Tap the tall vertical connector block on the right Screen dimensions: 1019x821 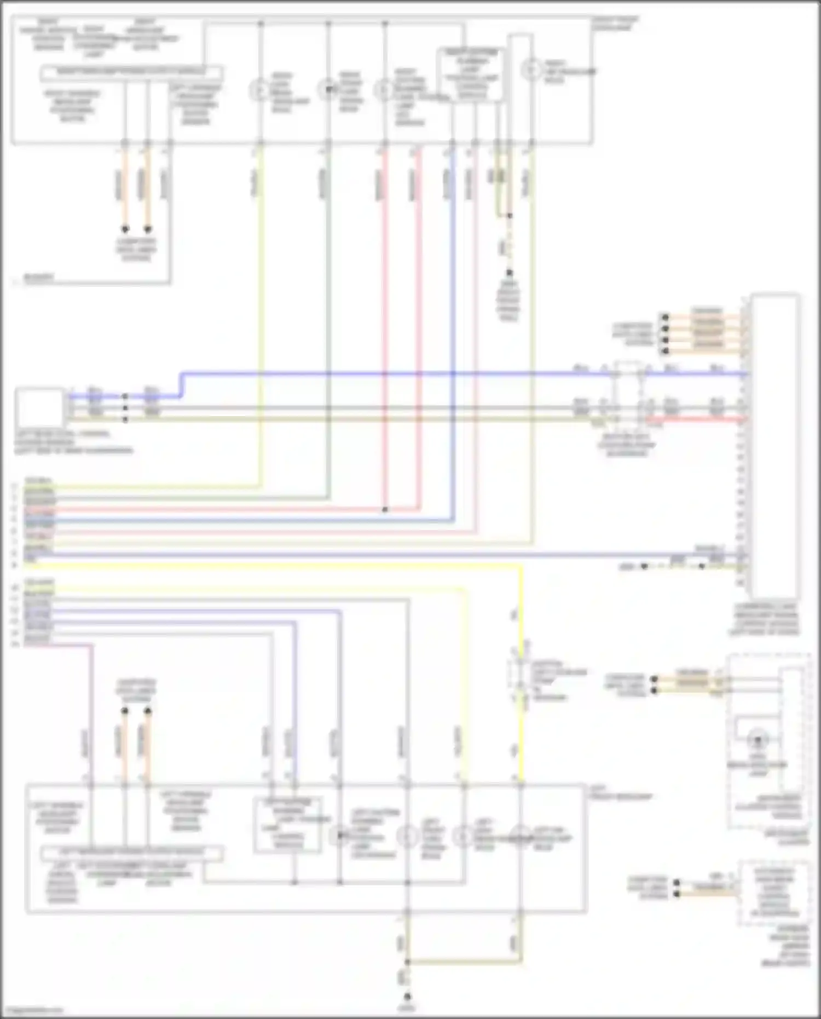[x=774, y=446]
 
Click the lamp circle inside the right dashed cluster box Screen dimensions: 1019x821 [x=758, y=740]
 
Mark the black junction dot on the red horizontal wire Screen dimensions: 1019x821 [x=385, y=510]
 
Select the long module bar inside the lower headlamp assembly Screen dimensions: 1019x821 [x=132, y=853]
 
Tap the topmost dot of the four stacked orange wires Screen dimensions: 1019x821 [x=665, y=317]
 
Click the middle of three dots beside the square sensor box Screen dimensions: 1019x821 [x=125, y=408]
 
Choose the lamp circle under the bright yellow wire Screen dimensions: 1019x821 [x=521, y=837]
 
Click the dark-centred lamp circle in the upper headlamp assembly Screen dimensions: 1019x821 [x=328, y=89]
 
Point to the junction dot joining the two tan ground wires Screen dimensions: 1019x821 [x=407, y=962]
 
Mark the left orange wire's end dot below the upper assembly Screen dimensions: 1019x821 [x=125, y=229]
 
